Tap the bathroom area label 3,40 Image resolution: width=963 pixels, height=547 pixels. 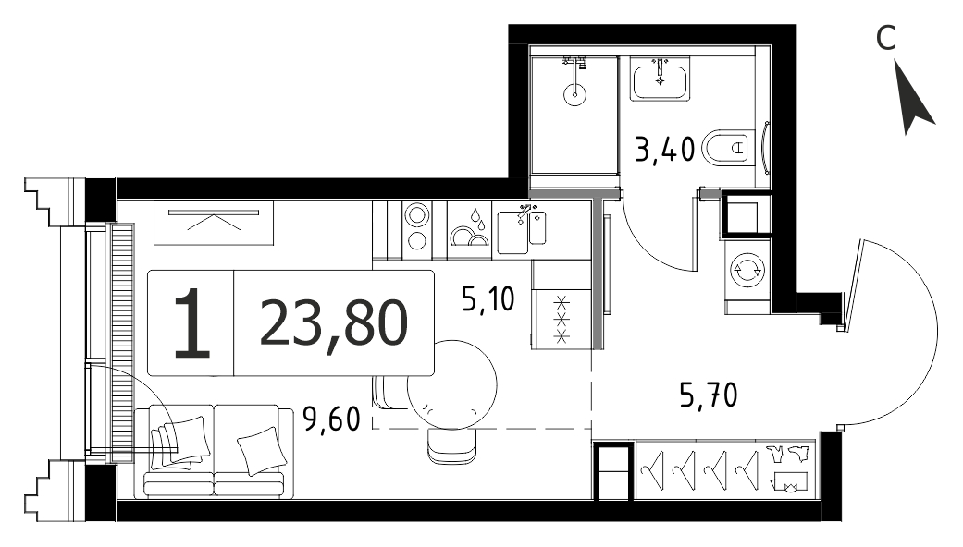(x=664, y=149)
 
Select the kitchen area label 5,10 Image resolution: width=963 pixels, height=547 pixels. (x=488, y=299)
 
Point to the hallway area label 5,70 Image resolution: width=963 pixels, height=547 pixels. (x=709, y=395)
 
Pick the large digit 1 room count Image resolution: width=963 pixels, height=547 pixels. (x=191, y=323)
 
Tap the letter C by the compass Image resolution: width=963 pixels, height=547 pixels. (x=885, y=38)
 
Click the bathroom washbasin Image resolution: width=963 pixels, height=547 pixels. (x=660, y=79)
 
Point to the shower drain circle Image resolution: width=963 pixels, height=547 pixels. (x=574, y=94)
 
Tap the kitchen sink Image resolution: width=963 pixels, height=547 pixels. (x=522, y=231)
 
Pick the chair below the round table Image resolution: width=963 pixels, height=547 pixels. (x=452, y=445)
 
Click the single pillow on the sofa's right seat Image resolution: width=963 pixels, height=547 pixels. (x=262, y=451)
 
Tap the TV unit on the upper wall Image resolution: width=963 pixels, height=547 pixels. (x=214, y=222)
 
